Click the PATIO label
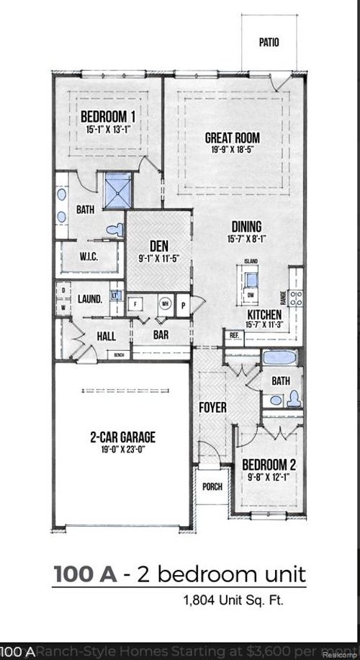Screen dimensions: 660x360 (269, 43)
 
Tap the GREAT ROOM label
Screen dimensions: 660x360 (233, 138)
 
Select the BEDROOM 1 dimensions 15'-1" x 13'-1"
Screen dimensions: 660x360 (109, 130)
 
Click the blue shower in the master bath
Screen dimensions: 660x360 (117, 189)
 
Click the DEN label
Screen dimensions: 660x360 (158, 246)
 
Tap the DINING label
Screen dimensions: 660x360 (246, 226)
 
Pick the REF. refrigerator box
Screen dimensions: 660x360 (234, 335)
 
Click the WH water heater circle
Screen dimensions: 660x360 (164, 303)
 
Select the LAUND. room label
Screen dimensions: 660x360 (90, 298)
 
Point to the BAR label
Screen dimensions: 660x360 (161, 335)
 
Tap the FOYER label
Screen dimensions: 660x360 (212, 408)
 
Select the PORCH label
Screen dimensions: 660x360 (212, 486)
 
